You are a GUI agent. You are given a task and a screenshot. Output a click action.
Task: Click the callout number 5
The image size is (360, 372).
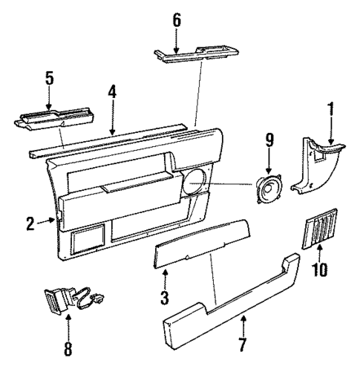tap(49, 77)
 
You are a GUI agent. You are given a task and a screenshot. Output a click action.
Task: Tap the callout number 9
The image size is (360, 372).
tap(269, 139)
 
